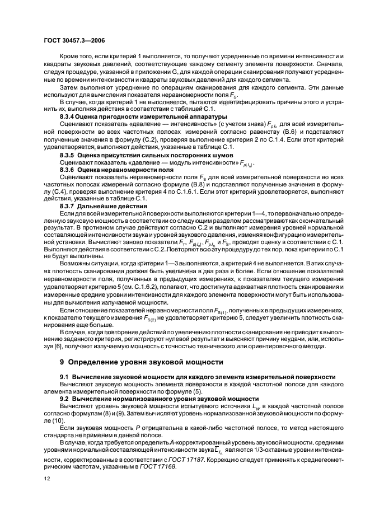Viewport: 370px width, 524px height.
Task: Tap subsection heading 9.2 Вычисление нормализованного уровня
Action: [x=156, y=399]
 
